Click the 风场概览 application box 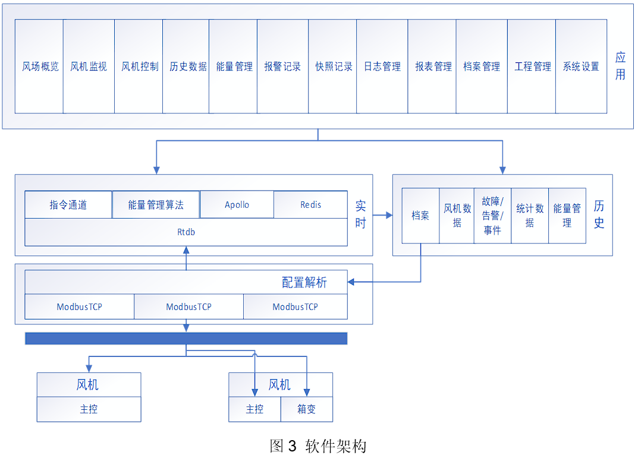click(x=39, y=67)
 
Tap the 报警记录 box click(x=282, y=67)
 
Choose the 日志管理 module click(x=382, y=67)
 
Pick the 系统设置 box click(x=581, y=67)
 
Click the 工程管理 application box click(x=532, y=67)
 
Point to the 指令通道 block click(x=68, y=205)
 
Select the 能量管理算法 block click(x=156, y=205)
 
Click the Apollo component click(x=237, y=205)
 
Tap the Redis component click(x=310, y=205)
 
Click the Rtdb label click(x=186, y=232)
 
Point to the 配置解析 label click(x=304, y=282)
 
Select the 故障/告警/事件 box click(x=492, y=216)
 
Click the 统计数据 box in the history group click(x=529, y=216)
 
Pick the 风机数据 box click(x=457, y=216)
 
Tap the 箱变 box click(x=306, y=409)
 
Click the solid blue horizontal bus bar click(x=186, y=338)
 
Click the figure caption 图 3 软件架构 click(x=318, y=445)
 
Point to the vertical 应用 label click(x=620, y=66)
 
